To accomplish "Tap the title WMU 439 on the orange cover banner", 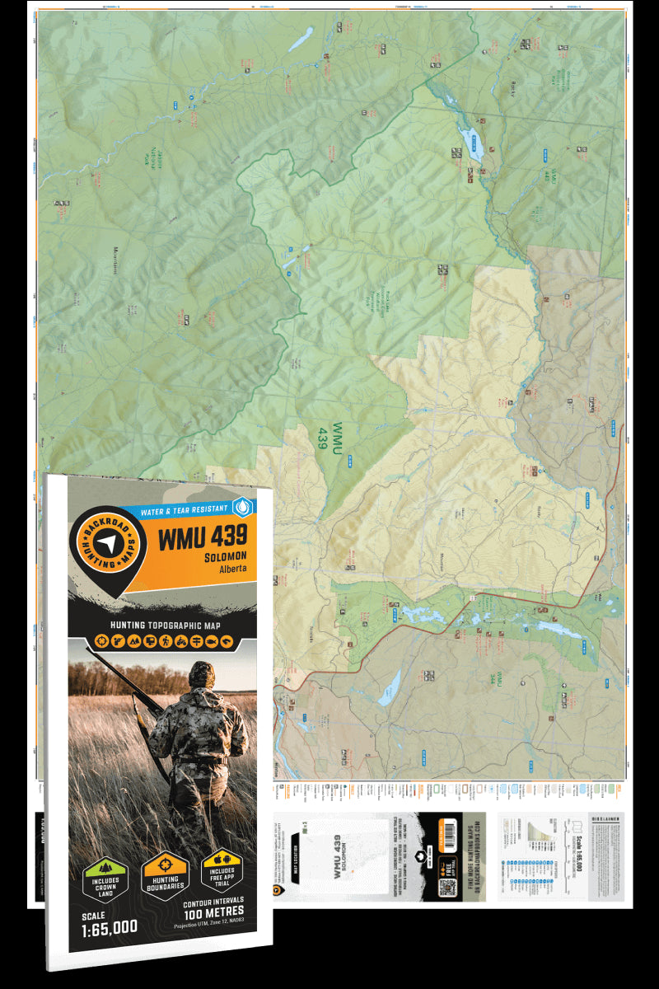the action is pos(202,537).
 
